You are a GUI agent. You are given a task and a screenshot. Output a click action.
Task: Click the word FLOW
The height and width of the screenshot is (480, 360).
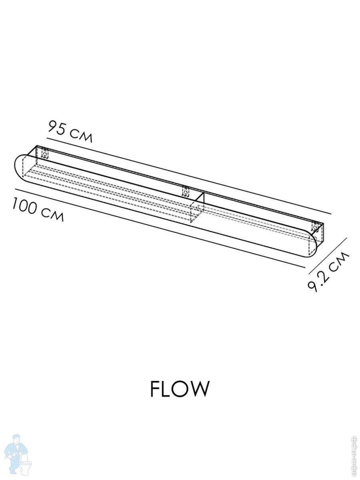180,388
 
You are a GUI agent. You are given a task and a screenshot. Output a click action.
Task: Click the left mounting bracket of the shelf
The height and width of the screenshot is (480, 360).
45,153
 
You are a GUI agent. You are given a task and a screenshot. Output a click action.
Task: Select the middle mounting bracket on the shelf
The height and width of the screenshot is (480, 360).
186,191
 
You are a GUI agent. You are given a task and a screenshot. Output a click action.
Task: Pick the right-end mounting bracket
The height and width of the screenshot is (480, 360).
316,227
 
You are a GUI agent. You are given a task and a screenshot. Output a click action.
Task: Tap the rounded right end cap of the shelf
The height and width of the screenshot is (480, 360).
313,244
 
